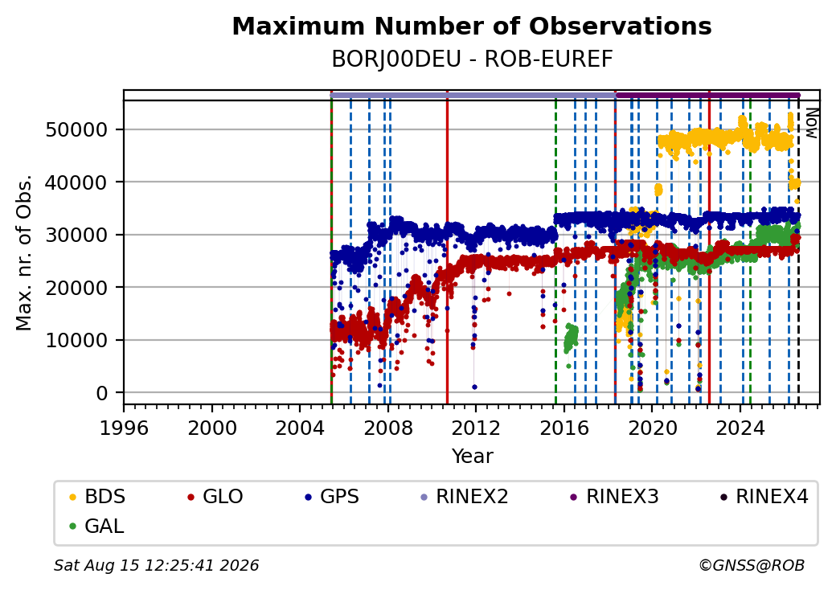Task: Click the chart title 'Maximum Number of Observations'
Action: pos(472,26)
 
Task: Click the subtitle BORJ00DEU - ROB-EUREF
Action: pos(472,59)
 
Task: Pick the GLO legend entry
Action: pos(215,497)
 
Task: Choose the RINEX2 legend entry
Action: pos(465,497)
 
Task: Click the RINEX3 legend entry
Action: pos(615,497)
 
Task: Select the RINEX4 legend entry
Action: pos(764,497)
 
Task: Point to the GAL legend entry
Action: pos(96,526)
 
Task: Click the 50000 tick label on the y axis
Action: pos(77,129)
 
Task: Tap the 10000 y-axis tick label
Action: pos(77,340)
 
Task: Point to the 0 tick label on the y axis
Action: pos(102,393)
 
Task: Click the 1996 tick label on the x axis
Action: pos(124,428)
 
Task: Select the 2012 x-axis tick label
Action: pos(476,428)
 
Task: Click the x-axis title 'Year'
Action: pos(473,457)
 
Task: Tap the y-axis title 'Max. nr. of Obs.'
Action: pos(24,252)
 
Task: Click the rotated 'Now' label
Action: pos(811,123)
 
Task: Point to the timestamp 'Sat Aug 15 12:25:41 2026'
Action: pos(156,565)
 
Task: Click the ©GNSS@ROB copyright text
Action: pos(752,565)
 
